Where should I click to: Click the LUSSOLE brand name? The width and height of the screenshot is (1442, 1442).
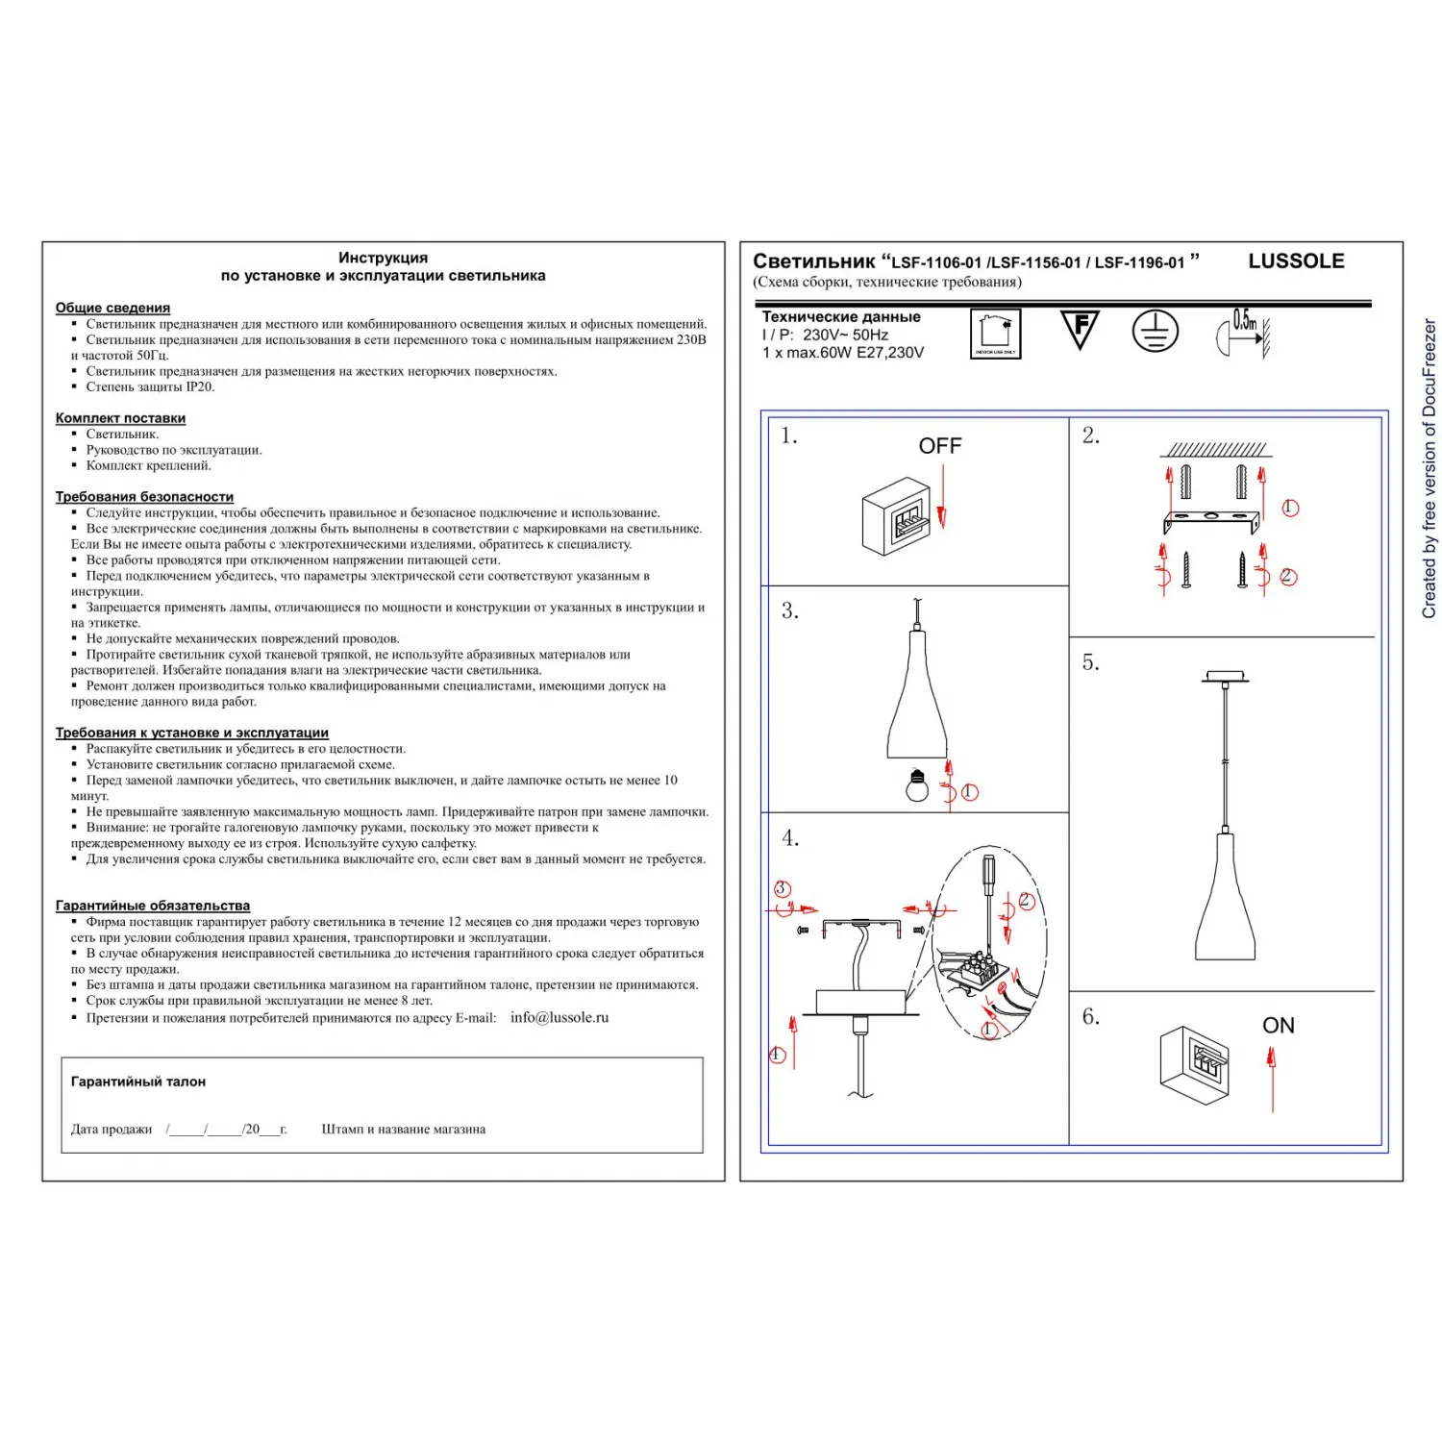(1295, 261)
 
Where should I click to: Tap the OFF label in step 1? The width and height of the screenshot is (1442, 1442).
(939, 446)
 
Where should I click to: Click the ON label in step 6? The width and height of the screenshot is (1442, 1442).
(1278, 1026)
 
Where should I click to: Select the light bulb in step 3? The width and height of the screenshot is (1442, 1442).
(918, 785)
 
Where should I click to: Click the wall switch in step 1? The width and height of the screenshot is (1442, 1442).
(897, 516)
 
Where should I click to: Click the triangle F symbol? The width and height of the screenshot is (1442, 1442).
(1080, 329)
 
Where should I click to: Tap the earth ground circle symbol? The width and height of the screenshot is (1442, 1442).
(1155, 332)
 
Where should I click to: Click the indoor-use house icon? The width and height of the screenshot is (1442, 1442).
(995, 334)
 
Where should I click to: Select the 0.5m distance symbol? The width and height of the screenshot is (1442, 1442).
(1243, 334)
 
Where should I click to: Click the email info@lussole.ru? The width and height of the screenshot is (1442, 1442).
(559, 1017)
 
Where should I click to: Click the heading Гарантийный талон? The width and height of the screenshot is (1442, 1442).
(138, 1081)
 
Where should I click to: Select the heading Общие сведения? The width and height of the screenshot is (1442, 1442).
(112, 308)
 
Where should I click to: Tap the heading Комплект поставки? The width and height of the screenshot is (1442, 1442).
(120, 418)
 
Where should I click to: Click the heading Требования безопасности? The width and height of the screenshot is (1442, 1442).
(144, 497)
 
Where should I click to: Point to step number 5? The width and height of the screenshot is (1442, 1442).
(1090, 662)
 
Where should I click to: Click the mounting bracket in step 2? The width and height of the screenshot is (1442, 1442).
(1211, 521)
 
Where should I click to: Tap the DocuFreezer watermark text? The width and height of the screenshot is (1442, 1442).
(1429, 469)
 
